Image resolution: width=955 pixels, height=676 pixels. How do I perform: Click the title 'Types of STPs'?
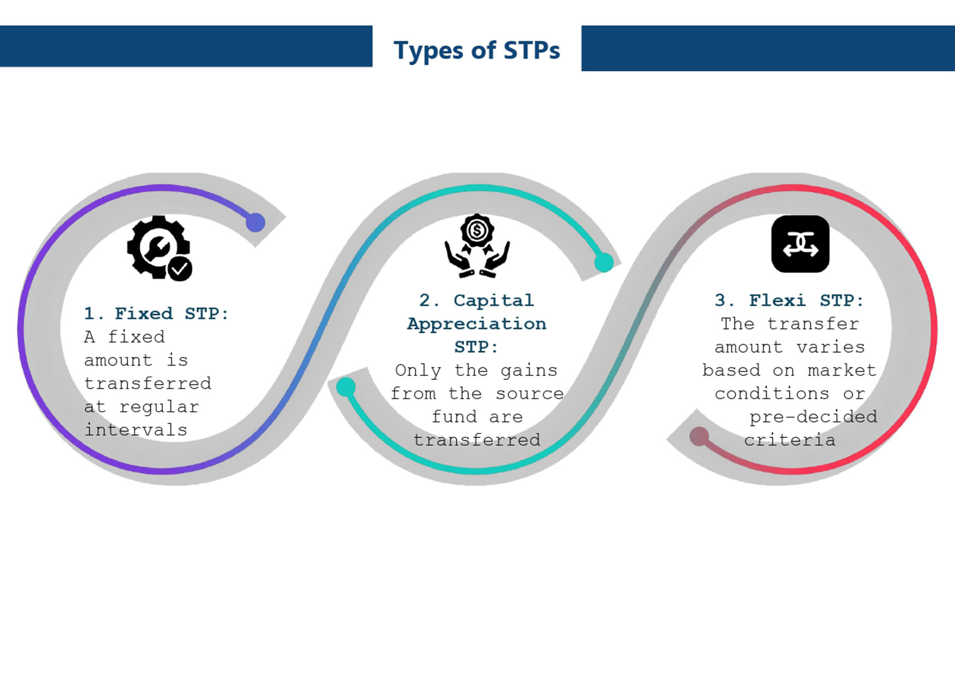click(x=476, y=50)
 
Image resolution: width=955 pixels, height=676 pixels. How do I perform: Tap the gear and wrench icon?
click(x=159, y=248)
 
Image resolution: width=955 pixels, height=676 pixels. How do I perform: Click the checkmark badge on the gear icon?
click(x=180, y=269)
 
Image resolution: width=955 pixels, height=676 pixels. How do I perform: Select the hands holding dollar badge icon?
click(x=477, y=246)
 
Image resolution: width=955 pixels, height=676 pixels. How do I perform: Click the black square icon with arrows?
click(x=800, y=244)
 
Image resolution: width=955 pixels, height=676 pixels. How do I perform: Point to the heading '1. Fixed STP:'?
click(x=156, y=313)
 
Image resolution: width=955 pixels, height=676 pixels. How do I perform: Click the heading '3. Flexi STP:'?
click(x=789, y=300)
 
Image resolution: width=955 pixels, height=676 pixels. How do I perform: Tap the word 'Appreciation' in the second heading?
click(x=476, y=324)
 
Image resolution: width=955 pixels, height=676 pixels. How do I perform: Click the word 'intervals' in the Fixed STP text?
click(x=136, y=430)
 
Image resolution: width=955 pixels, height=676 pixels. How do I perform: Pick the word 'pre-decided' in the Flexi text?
click(x=813, y=417)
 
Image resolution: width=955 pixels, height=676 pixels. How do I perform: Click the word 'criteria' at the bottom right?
click(x=789, y=440)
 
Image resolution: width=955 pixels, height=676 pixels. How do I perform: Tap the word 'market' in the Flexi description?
click(x=842, y=370)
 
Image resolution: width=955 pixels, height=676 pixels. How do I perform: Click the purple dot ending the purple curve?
click(x=255, y=222)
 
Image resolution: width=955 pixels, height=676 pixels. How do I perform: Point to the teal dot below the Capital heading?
click(x=346, y=387)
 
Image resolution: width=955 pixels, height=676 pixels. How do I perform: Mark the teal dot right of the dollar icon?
click(x=604, y=263)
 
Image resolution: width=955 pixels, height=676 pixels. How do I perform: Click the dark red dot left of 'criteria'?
click(x=699, y=436)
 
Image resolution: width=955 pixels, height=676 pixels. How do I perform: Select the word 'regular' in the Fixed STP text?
click(x=159, y=407)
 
